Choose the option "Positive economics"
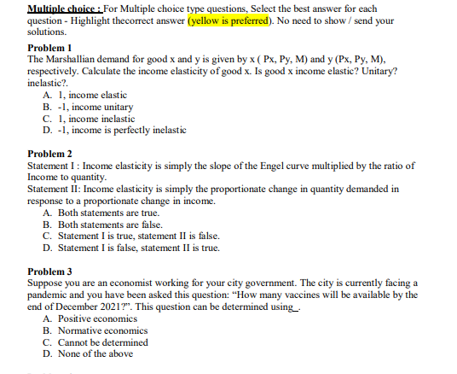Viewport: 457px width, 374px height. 95,318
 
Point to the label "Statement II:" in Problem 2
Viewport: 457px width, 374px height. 57,189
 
